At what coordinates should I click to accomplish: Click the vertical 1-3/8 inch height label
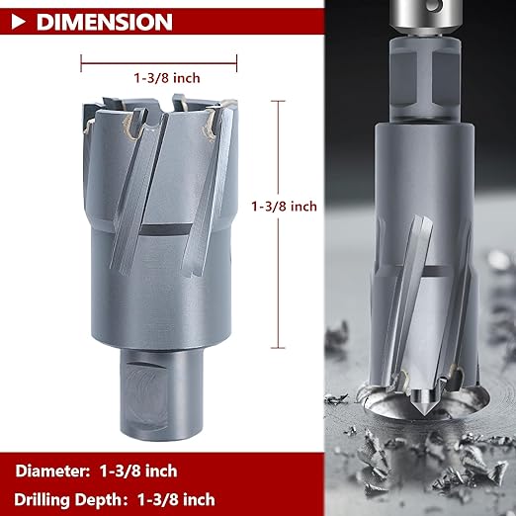point(285,207)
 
